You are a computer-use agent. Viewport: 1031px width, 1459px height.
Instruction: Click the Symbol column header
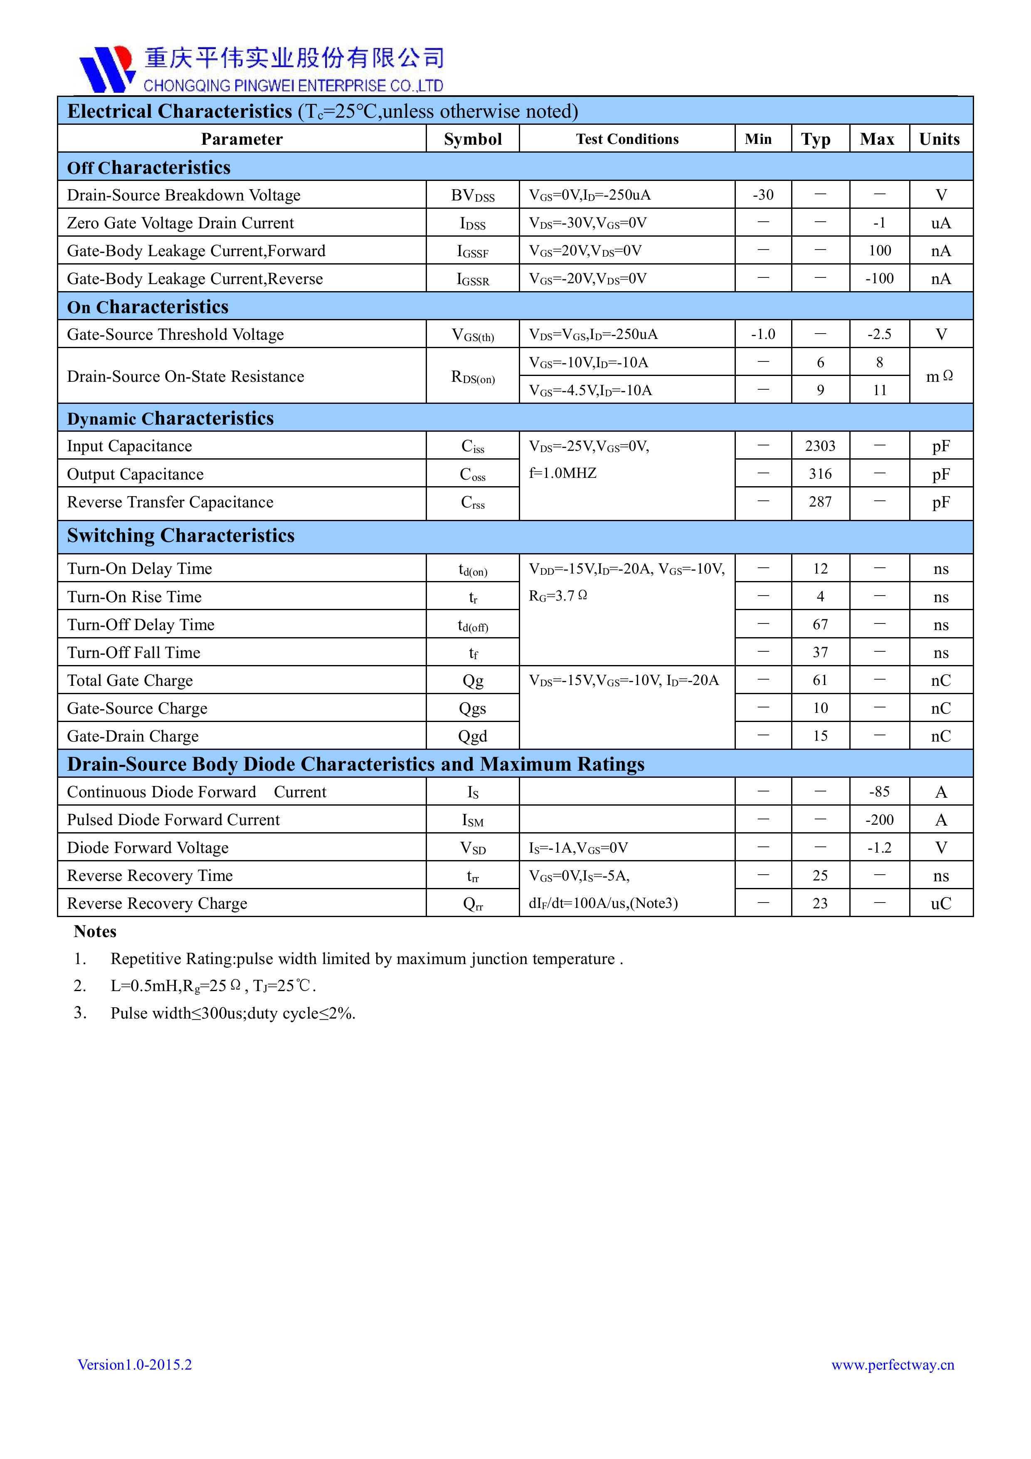click(x=473, y=139)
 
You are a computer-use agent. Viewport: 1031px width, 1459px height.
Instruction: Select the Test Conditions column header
click(x=627, y=139)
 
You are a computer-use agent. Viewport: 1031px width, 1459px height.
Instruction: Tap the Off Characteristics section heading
click(x=149, y=167)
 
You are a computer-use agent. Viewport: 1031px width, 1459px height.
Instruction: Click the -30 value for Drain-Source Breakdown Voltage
click(x=763, y=195)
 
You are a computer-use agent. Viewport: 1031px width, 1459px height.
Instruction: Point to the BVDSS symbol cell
click(x=473, y=196)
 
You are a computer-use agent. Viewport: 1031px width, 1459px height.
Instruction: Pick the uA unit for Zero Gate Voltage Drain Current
click(x=941, y=223)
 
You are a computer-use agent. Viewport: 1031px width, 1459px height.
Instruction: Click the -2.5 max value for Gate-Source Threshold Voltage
click(x=879, y=334)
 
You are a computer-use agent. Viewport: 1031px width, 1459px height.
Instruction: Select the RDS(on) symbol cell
click(x=473, y=377)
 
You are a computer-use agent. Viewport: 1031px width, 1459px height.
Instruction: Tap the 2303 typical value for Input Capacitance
click(x=820, y=446)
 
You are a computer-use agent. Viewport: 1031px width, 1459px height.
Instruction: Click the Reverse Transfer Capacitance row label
click(x=170, y=502)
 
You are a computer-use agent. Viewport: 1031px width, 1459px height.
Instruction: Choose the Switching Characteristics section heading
click(x=181, y=536)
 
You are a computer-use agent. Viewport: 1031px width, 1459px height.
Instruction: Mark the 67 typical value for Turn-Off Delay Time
click(x=820, y=625)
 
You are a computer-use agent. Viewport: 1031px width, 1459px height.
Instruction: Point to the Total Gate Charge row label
click(x=130, y=680)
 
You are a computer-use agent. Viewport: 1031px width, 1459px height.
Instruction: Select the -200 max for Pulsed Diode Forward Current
click(x=879, y=820)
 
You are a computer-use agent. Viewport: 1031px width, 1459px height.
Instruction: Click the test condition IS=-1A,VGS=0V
click(x=578, y=848)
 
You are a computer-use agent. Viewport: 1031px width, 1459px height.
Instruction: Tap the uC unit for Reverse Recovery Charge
click(x=941, y=904)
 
